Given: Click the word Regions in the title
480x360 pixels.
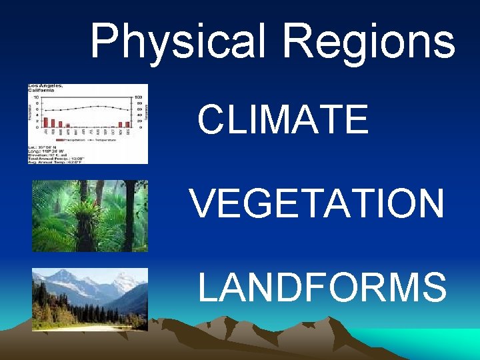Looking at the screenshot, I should [368, 41].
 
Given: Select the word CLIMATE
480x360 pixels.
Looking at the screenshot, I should [283, 120].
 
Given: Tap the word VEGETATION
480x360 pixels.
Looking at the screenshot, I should [317, 203].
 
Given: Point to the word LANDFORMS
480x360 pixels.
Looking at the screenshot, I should [322, 287].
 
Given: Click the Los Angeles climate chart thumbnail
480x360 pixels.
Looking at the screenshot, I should [87, 123].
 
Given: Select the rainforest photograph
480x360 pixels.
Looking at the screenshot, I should [89, 215].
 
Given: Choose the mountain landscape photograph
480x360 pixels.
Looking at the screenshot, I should [89, 299].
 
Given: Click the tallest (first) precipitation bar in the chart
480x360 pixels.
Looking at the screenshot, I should [46, 122].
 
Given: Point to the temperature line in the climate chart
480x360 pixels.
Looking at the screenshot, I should [87, 108].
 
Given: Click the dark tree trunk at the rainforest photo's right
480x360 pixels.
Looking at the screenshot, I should [130, 213].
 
